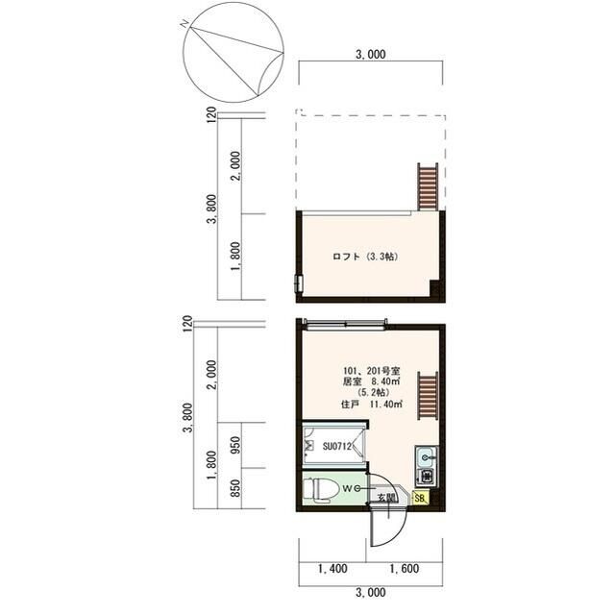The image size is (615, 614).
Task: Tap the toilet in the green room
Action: tap(321, 489)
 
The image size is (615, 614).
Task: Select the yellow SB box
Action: tap(421, 499)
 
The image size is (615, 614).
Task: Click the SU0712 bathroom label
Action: tap(337, 446)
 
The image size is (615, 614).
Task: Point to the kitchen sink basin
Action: tap(426, 456)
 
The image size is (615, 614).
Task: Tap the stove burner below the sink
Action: tap(427, 477)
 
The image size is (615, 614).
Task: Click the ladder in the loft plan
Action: tap(427, 187)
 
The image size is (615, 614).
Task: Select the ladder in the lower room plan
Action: tap(427, 395)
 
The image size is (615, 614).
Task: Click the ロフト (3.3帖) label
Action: tap(365, 257)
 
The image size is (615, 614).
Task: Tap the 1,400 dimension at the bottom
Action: tap(332, 569)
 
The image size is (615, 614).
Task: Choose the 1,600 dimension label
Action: tap(404, 569)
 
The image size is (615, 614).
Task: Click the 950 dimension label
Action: tap(235, 446)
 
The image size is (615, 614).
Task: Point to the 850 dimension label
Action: tap(235, 488)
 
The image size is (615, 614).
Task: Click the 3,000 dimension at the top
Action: tap(371, 54)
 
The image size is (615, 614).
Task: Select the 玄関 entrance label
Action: tap(386, 498)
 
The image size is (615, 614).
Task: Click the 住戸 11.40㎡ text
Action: tap(372, 405)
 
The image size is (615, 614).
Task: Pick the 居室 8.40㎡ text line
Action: tap(372, 381)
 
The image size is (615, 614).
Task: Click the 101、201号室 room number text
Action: tap(372, 371)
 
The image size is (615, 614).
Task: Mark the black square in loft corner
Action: tap(434, 288)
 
